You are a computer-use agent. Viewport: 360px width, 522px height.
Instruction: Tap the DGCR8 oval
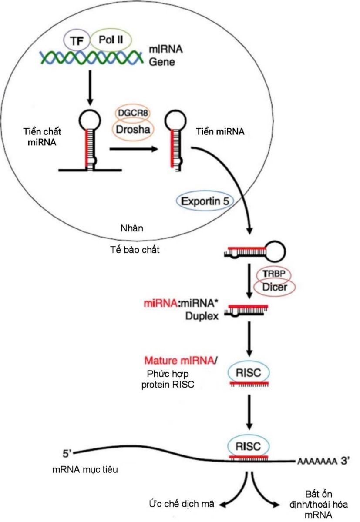pyautogui.click(x=134, y=114)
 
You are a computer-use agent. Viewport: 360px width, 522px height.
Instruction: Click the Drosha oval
pyautogui.click(x=134, y=129)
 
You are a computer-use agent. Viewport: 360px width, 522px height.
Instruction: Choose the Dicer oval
pyautogui.click(x=274, y=287)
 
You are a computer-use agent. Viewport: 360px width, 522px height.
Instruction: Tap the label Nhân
pyautogui.click(x=129, y=228)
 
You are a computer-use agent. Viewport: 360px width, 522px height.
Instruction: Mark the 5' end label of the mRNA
pyautogui.click(x=68, y=454)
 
